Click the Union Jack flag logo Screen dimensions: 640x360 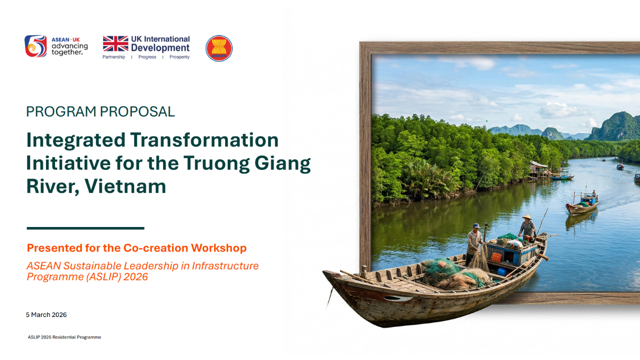(116, 43)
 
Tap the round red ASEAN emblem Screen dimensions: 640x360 (219, 48)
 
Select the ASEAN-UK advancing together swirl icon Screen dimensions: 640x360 (36, 46)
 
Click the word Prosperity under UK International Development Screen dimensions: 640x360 (180, 57)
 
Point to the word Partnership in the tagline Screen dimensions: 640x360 (114, 57)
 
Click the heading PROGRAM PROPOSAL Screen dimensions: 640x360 (100, 111)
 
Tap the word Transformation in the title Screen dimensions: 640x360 (204, 140)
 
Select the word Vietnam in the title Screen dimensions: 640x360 (125, 186)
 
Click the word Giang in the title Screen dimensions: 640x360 (282, 163)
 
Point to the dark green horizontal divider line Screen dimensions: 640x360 (86, 228)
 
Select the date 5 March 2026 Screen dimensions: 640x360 (46, 314)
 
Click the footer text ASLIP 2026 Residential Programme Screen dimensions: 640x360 (64, 337)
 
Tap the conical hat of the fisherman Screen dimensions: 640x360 (527, 217)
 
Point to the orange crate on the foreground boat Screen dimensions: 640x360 (496, 257)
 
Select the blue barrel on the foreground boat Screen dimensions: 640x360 (502, 271)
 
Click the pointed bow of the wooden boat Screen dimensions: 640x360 (326, 272)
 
